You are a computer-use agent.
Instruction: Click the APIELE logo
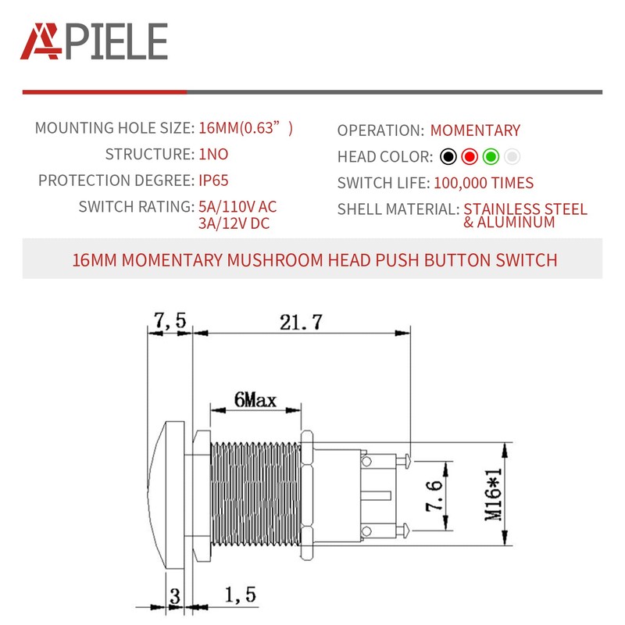(94, 41)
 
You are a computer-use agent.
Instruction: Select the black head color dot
(448, 156)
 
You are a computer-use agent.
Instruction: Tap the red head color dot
(469, 156)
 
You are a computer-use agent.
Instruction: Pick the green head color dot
(491, 156)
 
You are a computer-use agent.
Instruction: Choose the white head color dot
(512, 156)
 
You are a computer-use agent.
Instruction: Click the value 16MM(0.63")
(245, 128)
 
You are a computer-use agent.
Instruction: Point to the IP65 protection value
(213, 180)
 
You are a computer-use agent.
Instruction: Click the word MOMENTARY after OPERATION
(475, 130)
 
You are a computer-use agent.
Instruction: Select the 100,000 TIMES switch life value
(483, 184)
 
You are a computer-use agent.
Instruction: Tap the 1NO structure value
(213, 155)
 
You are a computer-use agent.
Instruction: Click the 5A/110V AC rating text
(237, 207)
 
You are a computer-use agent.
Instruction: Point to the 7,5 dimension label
(170, 320)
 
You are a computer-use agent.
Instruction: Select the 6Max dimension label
(255, 400)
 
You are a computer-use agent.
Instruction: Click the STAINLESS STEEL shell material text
(525, 209)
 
